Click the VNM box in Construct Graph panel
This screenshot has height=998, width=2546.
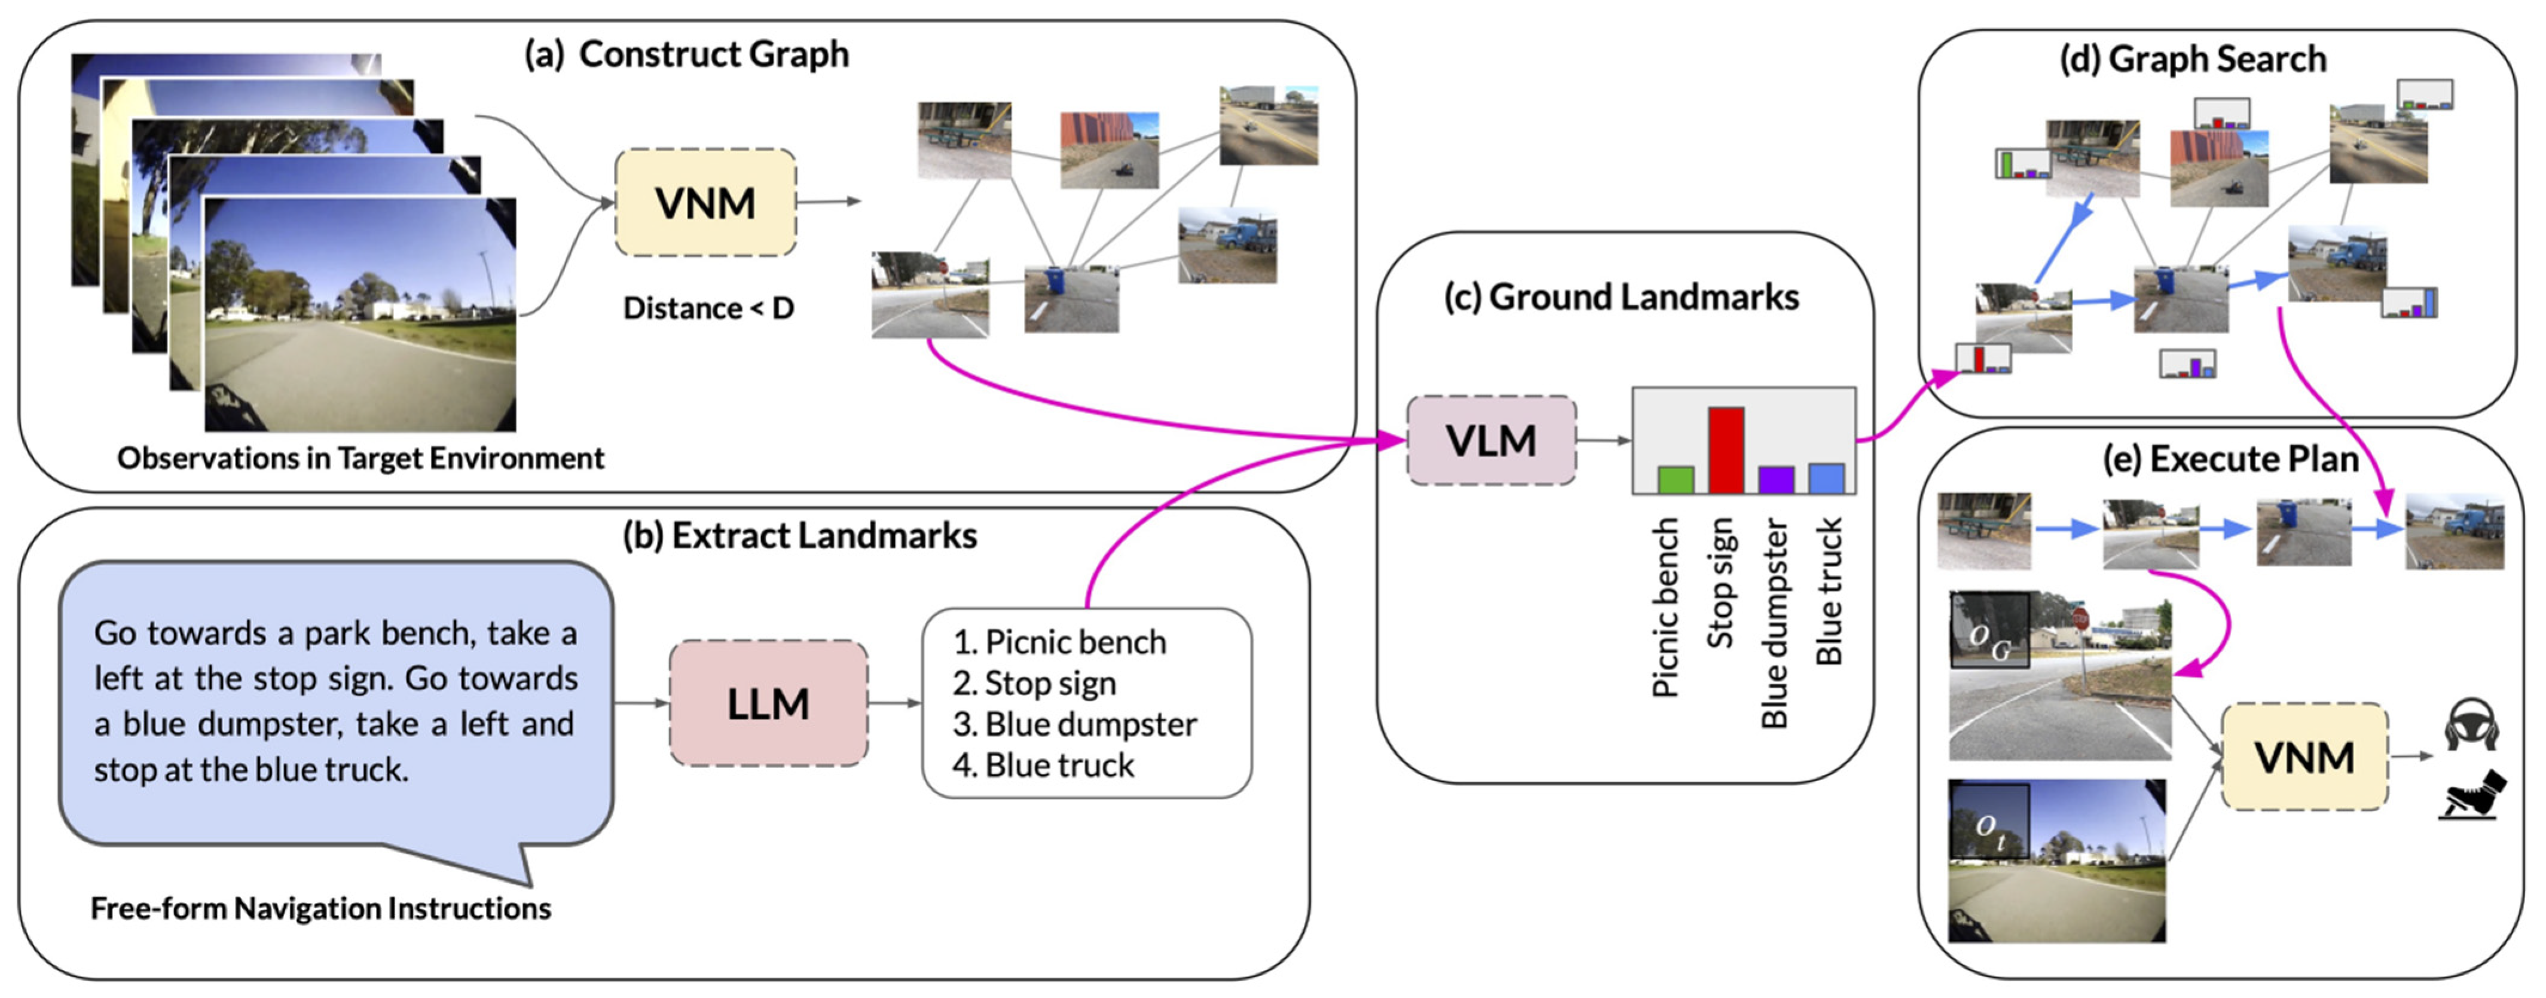click(x=705, y=203)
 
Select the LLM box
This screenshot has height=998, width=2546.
click(x=768, y=703)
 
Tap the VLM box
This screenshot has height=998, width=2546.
click(x=1490, y=440)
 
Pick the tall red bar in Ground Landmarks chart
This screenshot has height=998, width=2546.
click(x=1726, y=449)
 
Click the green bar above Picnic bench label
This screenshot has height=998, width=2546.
click(x=1675, y=479)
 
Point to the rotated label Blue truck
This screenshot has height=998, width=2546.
click(x=1829, y=591)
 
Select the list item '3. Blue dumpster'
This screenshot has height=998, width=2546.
click(x=1074, y=724)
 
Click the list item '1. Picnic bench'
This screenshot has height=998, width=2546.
click(x=1059, y=642)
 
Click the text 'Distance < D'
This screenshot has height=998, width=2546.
click(x=708, y=308)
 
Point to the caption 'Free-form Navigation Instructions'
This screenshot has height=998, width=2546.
click(x=320, y=908)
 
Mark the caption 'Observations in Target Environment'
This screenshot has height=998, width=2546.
click(x=360, y=458)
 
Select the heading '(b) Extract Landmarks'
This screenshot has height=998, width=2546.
click(x=799, y=535)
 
